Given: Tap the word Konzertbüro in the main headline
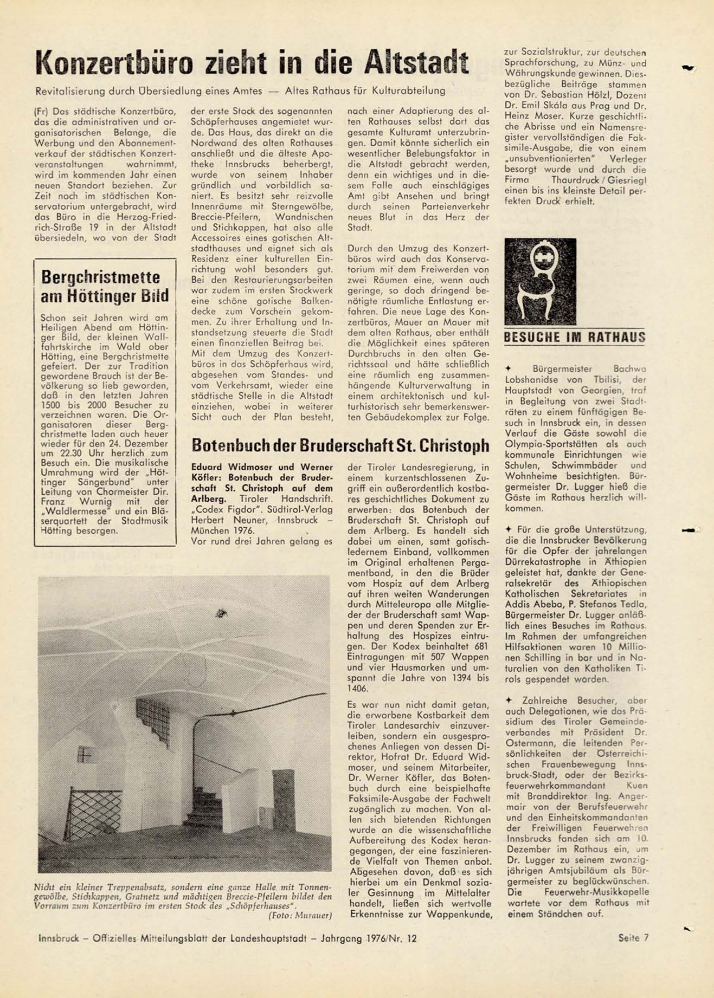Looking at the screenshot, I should (x=114, y=63).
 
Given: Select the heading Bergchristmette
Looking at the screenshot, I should (x=100, y=277).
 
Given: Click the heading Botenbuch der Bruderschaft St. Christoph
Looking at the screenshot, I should (x=340, y=445).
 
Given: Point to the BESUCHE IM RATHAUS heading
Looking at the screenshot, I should (x=575, y=338).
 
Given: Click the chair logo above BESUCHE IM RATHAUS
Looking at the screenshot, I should (x=540, y=281).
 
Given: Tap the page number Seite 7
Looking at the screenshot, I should (x=633, y=938).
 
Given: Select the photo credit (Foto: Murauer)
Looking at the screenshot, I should (x=300, y=915).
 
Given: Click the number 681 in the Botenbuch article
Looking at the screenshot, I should (x=480, y=646).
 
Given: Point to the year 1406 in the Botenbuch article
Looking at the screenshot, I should (x=358, y=689).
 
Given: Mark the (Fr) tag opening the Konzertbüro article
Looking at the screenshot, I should (x=41, y=111).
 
